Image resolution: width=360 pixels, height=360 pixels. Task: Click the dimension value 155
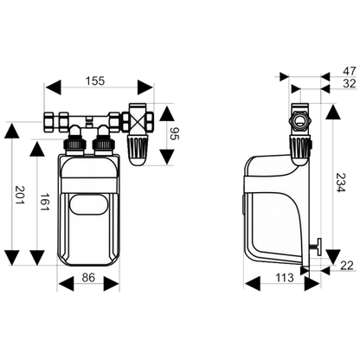pos(95,81)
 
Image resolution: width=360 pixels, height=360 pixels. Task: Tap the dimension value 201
pos(20,195)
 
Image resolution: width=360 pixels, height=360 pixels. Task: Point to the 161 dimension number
pos(44,201)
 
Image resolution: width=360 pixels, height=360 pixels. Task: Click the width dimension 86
pos(88,278)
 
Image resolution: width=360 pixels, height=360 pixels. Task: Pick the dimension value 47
pos(350,71)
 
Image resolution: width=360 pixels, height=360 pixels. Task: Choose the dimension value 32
pos(350,83)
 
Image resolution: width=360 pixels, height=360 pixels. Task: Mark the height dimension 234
pos(340,183)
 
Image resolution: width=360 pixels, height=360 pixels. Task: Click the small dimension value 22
pos(346,266)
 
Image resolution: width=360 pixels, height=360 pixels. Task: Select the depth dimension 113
pos(284,278)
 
